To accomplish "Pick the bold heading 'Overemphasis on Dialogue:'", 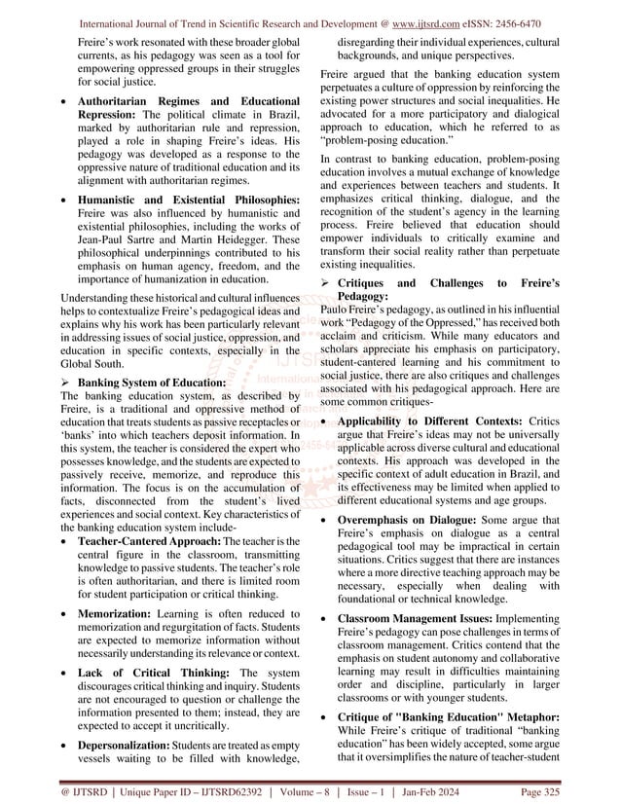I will [401, 522].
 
